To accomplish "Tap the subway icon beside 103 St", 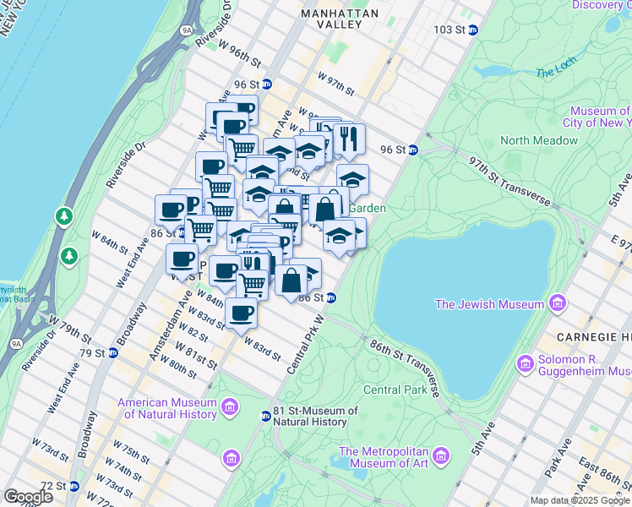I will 473,30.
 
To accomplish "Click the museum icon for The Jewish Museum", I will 558,303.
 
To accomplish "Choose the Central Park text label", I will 395,390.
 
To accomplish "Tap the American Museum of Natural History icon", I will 229,409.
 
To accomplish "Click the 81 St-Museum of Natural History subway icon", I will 265,416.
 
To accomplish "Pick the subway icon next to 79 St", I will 112,352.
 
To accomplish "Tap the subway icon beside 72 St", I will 74,486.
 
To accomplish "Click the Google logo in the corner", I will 28,496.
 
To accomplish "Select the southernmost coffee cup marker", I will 241,313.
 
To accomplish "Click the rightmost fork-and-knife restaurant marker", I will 348,138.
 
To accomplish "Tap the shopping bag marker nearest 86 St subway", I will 291,280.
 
